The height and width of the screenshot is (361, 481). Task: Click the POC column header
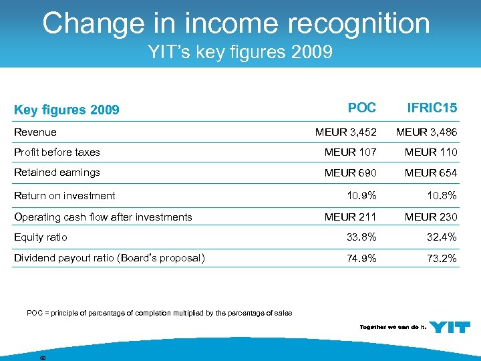[x=362, y=107]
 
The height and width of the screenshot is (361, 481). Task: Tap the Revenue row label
[x=35, y=132]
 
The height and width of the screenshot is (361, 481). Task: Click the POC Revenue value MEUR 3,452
[x=346, y=132]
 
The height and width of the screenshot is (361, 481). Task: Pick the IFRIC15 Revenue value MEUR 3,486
[x=426, y=132]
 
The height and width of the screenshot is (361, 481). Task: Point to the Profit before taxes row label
[x=57, y=152]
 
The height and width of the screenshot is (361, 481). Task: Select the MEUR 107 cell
[x=351, y=152]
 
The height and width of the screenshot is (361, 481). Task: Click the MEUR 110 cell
[x=431, y=152]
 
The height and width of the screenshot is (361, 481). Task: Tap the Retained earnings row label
[x=57, y=172]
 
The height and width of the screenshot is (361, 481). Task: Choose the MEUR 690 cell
[x=351, y=173]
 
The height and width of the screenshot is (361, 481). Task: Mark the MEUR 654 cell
[x=431, y=173]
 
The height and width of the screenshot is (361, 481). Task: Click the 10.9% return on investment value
[x=361, y=195]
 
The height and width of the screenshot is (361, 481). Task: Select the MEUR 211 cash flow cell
[x=351, y=217]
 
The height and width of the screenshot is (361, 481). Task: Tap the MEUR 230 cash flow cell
[x=431, y=217]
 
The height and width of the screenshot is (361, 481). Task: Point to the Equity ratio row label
[x=41, y=237]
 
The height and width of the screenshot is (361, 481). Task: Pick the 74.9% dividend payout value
[x=361, y=258]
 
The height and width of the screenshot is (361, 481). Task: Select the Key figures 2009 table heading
[x=67, y=110]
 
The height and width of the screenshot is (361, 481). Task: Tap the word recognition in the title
[x=357, y=23]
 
